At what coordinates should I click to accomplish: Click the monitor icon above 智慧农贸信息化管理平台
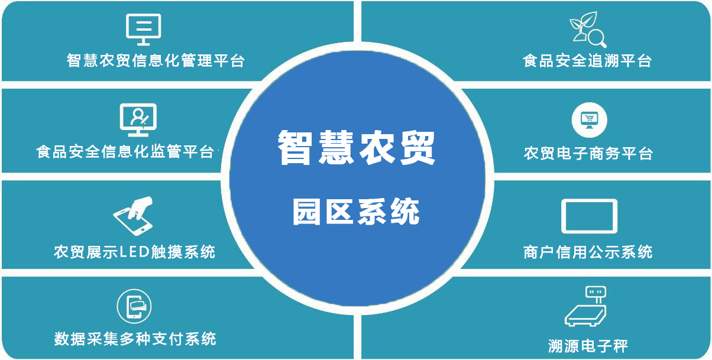[143, 30]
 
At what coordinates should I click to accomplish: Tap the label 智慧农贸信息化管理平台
[156, 60]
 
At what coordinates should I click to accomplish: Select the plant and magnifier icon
[588, 30]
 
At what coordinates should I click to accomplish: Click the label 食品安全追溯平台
[587, 60]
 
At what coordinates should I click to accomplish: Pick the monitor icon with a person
[138, 120]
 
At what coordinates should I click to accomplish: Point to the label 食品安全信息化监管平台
[125, 151]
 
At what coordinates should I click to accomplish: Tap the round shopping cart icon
[590, 120]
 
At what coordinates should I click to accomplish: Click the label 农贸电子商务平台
[588, 153]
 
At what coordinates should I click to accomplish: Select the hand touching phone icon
[134, 216]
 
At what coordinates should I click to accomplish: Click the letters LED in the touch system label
[134, 252]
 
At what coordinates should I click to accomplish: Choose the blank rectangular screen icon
[590, 216]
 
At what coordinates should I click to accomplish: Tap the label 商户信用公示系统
[588, 252]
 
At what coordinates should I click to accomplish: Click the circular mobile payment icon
[134, 306]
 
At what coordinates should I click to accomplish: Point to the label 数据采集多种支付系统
[135, 339]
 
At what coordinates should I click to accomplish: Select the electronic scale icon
[586, 306]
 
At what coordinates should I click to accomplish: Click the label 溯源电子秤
[588, 346]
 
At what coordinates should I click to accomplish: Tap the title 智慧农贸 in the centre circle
[357, 147]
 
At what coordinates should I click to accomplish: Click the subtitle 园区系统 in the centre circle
[356, 211]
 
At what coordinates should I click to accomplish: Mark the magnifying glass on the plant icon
[597, 38]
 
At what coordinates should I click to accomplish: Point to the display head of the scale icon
[596, 291]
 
